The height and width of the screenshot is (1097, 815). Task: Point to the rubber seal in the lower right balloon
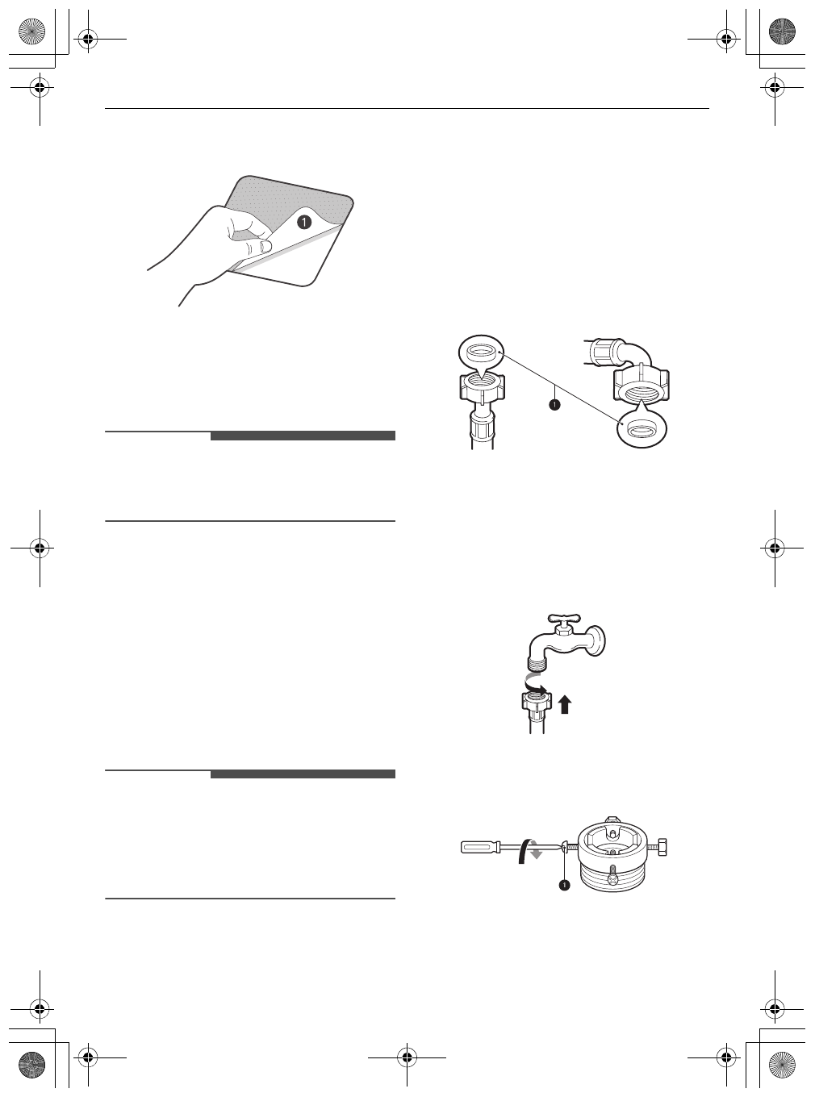(x=642, y=430)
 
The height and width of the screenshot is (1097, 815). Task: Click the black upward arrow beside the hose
(x=565, y=706)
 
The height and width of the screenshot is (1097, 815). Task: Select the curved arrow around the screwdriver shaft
(x=530, y=850)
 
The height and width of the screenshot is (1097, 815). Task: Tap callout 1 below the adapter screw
(x=564, y=885)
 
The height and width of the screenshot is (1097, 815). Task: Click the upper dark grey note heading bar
(x=303, y=436)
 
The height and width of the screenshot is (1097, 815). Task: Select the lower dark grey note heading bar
(x=303, y=774)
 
